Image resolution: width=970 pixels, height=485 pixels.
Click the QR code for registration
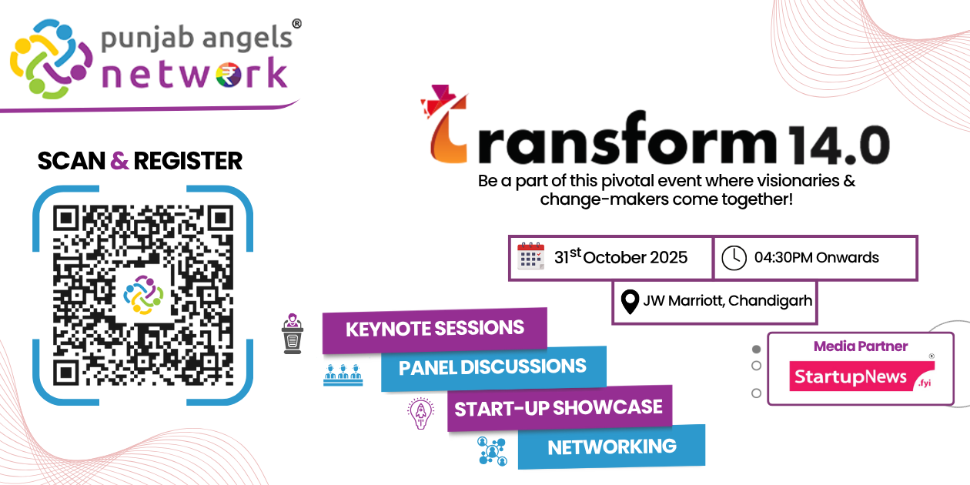142,295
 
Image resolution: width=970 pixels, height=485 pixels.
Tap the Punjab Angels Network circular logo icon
48,59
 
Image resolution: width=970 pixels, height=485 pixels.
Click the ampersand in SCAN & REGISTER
119,161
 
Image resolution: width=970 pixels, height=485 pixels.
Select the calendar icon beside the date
530,256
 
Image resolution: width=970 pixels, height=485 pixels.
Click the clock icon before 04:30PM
734,258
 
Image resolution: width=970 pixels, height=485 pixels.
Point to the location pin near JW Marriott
630,301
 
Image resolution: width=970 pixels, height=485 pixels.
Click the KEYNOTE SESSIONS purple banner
434,329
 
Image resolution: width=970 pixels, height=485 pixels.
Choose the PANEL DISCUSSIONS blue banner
493,367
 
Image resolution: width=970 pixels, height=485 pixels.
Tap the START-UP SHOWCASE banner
559,407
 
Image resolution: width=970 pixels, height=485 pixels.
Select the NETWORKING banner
611,447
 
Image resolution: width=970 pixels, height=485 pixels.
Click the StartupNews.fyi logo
861,376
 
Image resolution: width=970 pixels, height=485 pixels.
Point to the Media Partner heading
861,346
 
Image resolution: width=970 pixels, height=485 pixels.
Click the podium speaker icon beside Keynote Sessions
293,333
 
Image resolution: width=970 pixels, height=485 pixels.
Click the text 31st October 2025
620,257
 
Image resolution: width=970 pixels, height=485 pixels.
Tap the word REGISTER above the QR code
188,161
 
